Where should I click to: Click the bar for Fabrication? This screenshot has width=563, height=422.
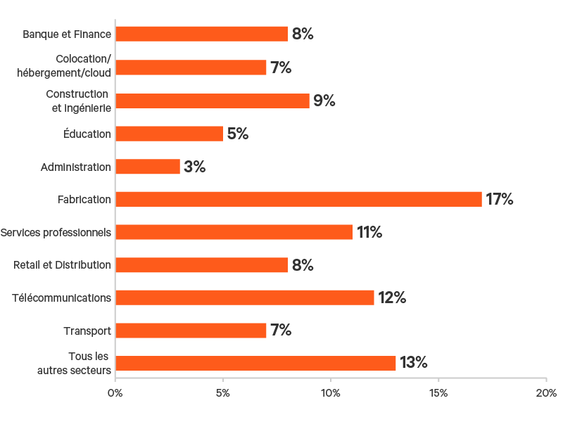pos(298,199)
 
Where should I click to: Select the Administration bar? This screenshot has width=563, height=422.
pos(148,167)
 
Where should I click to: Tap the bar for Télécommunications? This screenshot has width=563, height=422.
pos(245,298)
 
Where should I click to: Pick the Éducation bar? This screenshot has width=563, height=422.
pos(169,134)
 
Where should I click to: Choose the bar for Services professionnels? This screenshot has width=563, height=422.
pos(234,232)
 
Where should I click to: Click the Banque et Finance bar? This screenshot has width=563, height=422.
pos(201,34)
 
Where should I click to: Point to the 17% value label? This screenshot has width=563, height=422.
pos(500,199)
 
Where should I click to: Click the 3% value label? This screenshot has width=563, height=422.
pos(194,167)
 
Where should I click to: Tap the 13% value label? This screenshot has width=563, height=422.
pos(414,363)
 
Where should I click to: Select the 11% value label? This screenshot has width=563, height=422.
pos(369,232)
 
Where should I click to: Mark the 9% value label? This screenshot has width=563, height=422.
pos(324,101)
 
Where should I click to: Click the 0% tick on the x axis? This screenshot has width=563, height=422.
pos(115,392)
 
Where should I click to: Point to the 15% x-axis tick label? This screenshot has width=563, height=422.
pos(438,392)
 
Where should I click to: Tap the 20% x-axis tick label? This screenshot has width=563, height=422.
pos(546,392)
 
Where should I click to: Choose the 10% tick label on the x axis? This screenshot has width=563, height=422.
pos(331,392)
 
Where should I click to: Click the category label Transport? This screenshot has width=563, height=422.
pos(87,331)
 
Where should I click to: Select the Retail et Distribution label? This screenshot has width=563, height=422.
pos(63,264)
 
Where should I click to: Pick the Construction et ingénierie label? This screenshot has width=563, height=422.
pos(77,101)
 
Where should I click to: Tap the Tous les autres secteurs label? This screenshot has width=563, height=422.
pos(75,363)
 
